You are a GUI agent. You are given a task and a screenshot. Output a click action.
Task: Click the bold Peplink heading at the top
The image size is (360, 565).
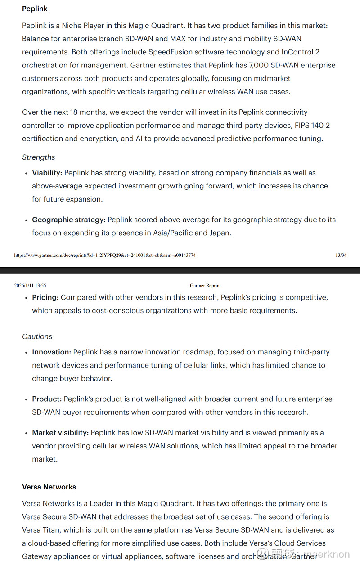(x=35, y=9)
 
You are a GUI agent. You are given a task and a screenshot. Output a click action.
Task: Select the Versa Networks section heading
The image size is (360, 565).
(x=49, y=487)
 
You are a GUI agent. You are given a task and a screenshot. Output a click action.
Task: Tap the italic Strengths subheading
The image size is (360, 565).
(x=39, y=157)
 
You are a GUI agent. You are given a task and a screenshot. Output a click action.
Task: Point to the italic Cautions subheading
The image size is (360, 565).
(x=37, y=336)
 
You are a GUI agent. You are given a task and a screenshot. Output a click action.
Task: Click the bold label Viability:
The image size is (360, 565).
(x=47, y=173)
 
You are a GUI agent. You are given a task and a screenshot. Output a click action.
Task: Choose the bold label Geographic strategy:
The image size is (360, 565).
(x=69, y=220)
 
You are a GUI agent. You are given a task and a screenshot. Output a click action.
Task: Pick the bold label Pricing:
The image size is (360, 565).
(x=45, y=297)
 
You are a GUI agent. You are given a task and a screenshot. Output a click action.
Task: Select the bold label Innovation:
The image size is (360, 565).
(x=52, y=352)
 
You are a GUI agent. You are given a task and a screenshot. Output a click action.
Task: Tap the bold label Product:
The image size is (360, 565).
(x=47, y=399)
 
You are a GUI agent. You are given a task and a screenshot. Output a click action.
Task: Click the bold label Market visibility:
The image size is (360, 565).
(x=60, y=433)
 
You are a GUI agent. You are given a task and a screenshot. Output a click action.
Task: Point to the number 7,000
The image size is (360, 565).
(x=259, y=65)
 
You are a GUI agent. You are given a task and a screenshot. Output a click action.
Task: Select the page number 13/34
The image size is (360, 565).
(x=341, y=255)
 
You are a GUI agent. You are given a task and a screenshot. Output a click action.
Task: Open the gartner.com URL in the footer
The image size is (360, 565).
(x=105, y=255)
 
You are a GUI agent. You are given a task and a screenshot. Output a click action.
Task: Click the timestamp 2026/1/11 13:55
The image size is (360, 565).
(x=30, y=285)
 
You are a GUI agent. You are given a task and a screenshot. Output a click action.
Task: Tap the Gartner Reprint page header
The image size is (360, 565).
(x=205, y=285)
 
